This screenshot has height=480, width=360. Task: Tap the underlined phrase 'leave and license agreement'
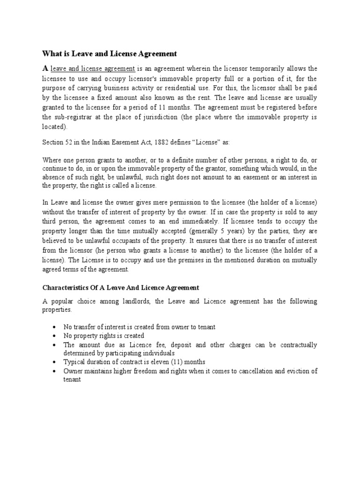(x=93, y=68)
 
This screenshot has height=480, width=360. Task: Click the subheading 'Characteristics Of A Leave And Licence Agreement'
(x=121, y=287)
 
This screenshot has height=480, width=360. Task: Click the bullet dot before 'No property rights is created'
(x=56, y=336)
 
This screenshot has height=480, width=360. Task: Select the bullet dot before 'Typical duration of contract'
(x=56, y=362)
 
